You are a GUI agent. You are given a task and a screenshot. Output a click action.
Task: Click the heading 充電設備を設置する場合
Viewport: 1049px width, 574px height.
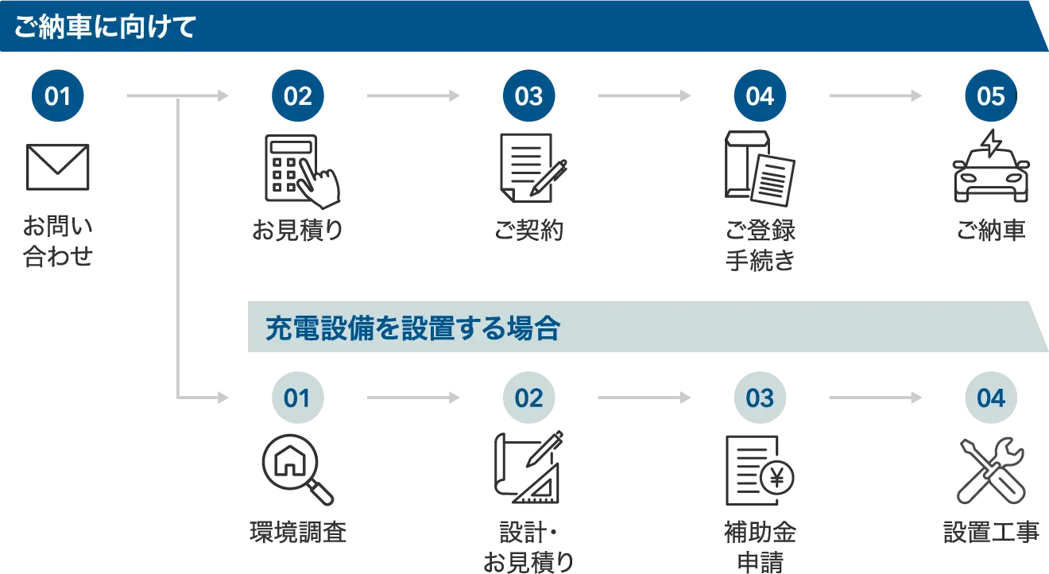click(412, 328)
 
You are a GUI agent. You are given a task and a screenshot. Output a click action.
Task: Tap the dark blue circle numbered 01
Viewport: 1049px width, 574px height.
click(58, 96)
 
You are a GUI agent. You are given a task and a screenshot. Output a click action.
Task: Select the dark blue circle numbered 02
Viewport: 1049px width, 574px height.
click(298, 96)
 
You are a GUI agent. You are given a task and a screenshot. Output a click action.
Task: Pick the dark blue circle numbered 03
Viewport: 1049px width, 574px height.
click(528, 96)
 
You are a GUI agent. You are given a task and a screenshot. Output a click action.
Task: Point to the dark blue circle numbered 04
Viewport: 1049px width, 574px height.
click(760, 96)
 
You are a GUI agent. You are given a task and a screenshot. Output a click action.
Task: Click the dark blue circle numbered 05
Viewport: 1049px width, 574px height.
click(990, 96)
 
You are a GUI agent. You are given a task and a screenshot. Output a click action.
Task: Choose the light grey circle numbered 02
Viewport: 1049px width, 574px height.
click(528, 398)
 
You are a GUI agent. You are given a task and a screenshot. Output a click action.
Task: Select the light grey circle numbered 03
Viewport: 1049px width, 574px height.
click(760, 398)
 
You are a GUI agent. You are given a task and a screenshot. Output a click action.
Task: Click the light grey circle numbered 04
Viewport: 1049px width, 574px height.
click(990, 398)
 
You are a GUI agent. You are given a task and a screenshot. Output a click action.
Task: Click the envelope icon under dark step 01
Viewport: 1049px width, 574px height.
click(60, 165)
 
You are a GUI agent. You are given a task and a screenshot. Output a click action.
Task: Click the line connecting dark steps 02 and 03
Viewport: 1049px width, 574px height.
click(412, 96)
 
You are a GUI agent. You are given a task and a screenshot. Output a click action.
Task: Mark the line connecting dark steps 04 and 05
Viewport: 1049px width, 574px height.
click(876, 96)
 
